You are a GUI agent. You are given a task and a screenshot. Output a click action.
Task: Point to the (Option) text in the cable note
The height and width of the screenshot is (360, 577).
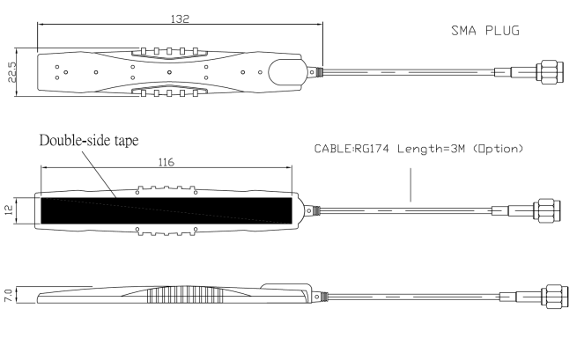pyautogui.click(x=498, y=150)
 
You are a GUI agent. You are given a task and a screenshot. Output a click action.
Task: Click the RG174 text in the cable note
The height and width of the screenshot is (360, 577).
pyautogui.click(x=371, y=150)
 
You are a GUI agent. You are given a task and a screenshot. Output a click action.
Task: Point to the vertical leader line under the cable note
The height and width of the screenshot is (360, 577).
pyautogui.click(x=410, y=187)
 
